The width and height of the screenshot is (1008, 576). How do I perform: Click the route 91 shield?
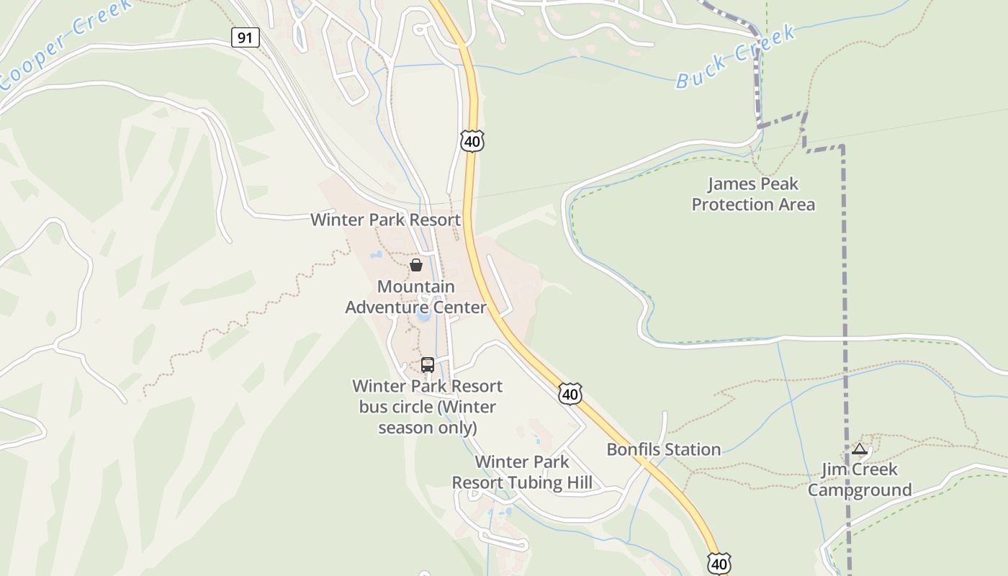pos(246,37)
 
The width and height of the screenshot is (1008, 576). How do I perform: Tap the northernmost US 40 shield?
pos(472,141)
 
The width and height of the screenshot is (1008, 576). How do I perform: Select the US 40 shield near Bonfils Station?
pos(570,394)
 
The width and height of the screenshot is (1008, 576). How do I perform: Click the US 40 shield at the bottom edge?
pos(719,564)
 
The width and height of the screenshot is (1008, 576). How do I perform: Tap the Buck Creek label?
pos(735,57)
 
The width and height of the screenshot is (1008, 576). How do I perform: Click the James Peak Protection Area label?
pos(753,194)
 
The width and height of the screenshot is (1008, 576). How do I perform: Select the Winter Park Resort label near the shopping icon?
pos(385,220)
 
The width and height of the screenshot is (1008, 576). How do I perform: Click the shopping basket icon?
pos(416,265)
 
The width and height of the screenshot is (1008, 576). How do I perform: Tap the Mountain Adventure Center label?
pos(416,297)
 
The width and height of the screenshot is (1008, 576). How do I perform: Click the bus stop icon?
pos(428,365)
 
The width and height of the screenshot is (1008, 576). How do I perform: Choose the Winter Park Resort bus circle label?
pos(428,407)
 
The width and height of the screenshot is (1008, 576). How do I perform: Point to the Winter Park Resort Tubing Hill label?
pos(522,472)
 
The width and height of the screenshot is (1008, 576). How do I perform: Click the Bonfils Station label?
pos(663,449)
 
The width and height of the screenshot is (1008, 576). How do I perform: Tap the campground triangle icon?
pos(859,449)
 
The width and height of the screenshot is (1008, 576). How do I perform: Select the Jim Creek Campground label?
pos(860,480)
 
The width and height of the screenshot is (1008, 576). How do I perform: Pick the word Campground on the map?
pos(860,490)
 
